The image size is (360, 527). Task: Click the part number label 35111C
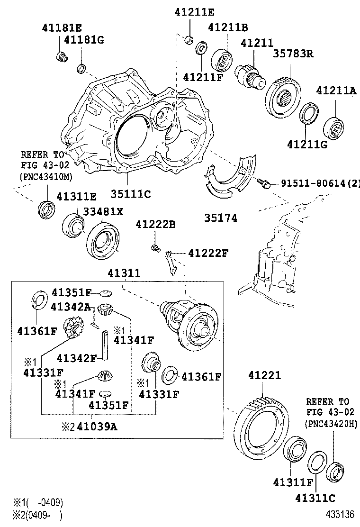(x=131, y=194)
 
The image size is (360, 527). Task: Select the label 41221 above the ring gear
(x=264, y=376)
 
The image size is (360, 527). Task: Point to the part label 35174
(x=221, y=218)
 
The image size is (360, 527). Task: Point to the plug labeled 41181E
(x=61, y=57)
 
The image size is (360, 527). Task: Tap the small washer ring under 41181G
(x=81, y=69)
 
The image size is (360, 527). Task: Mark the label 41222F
(x=208, y=253)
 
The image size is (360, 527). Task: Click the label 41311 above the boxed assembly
(x=124, y=273)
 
